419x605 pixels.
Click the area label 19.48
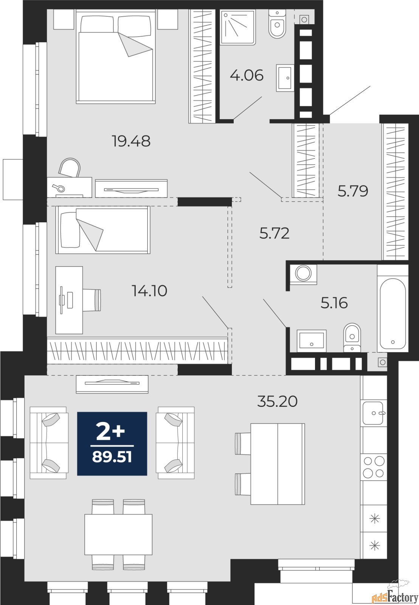coord(131,141)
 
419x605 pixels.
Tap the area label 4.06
coord(247,75)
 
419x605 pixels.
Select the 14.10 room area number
coord(149,291)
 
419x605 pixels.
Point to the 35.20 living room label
coord(277,401)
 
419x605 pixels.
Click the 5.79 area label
coord(352,191)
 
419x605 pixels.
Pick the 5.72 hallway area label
coord(274,233)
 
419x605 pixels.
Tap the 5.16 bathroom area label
coord(334,303)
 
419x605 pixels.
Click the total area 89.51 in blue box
coord(112,457)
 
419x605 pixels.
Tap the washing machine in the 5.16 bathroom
coord(303,273)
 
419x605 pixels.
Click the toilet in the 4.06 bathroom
coord(277,25)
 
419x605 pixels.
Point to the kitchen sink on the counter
coord(373,413)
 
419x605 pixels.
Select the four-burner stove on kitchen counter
coord(374,467)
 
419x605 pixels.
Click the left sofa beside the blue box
coord(49,443)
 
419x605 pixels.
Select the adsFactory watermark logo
coord(394,596)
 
